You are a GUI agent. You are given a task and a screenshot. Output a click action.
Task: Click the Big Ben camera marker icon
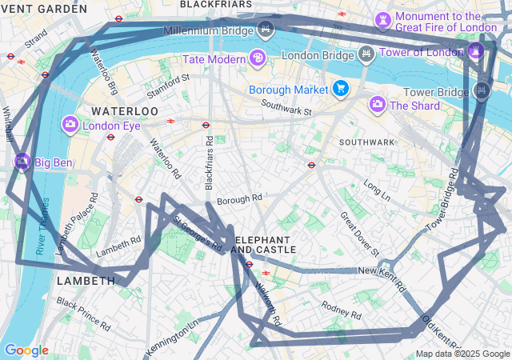[22, 162]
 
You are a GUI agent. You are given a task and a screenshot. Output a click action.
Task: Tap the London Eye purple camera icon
[70, 125]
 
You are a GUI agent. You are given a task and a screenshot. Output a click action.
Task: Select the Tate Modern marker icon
[257, 58]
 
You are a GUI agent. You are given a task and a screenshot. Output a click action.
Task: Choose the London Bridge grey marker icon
[366, 55]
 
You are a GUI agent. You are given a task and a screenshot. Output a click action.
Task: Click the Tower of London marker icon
[476, 50]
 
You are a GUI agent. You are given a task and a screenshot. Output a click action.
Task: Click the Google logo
[26, 350]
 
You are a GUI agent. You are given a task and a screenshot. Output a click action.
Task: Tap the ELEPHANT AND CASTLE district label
[263, 245]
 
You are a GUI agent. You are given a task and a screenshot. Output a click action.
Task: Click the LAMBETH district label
[86, 281]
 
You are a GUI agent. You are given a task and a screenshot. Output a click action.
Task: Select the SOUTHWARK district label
[367, 142]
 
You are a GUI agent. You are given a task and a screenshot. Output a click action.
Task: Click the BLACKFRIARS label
[210, 5]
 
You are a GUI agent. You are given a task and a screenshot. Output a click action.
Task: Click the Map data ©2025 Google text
[462, 354]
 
